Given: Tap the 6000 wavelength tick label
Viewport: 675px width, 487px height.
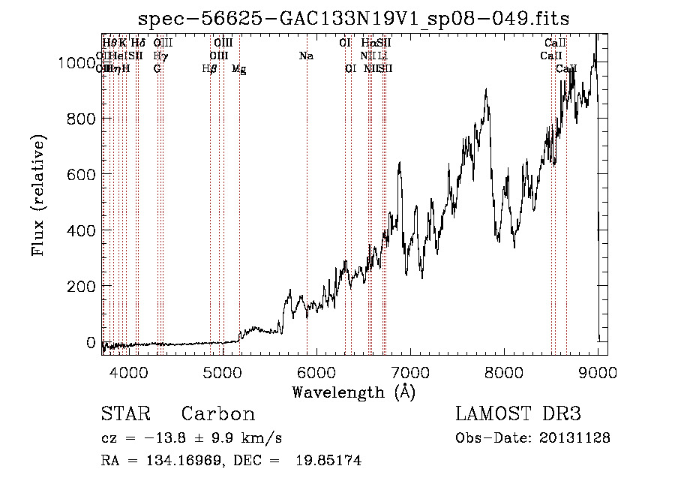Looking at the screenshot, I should point(316,371).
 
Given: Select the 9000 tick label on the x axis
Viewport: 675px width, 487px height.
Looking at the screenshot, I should point(598,371).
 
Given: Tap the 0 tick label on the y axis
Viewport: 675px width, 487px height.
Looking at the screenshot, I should point(91,342).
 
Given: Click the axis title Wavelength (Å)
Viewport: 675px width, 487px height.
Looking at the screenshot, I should point(353,392).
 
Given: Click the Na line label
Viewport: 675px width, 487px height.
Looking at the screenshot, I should point(306,56).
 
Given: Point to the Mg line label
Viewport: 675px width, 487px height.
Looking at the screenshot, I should point(238,69).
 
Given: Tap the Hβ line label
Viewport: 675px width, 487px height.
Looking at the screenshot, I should point(209,69).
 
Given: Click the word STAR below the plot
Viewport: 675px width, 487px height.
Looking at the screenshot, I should point(125,414).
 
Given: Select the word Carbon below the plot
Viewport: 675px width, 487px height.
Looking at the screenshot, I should point(218,414).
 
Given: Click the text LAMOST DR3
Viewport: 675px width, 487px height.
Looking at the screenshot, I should point(517,414).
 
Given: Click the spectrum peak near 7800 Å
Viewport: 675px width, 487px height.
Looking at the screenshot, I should point(487,89).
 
